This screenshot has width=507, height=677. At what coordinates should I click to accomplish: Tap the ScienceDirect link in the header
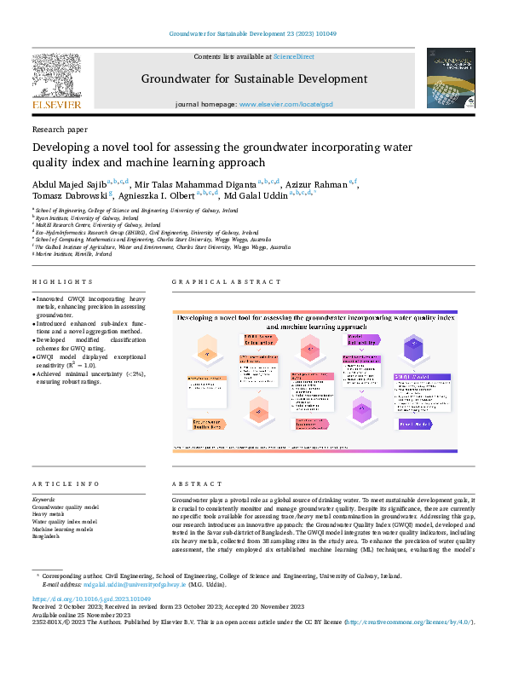tap(293, 56)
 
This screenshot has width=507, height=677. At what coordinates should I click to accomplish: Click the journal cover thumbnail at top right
tap(451, 78)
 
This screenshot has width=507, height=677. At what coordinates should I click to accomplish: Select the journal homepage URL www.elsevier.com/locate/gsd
tap(285, 104)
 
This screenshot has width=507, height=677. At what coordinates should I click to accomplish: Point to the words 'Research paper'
tap(60, 130)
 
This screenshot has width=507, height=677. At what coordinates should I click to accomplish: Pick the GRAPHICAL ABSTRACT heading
tap(226, 282)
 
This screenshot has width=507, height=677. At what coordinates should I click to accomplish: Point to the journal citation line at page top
tap(253, 33)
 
